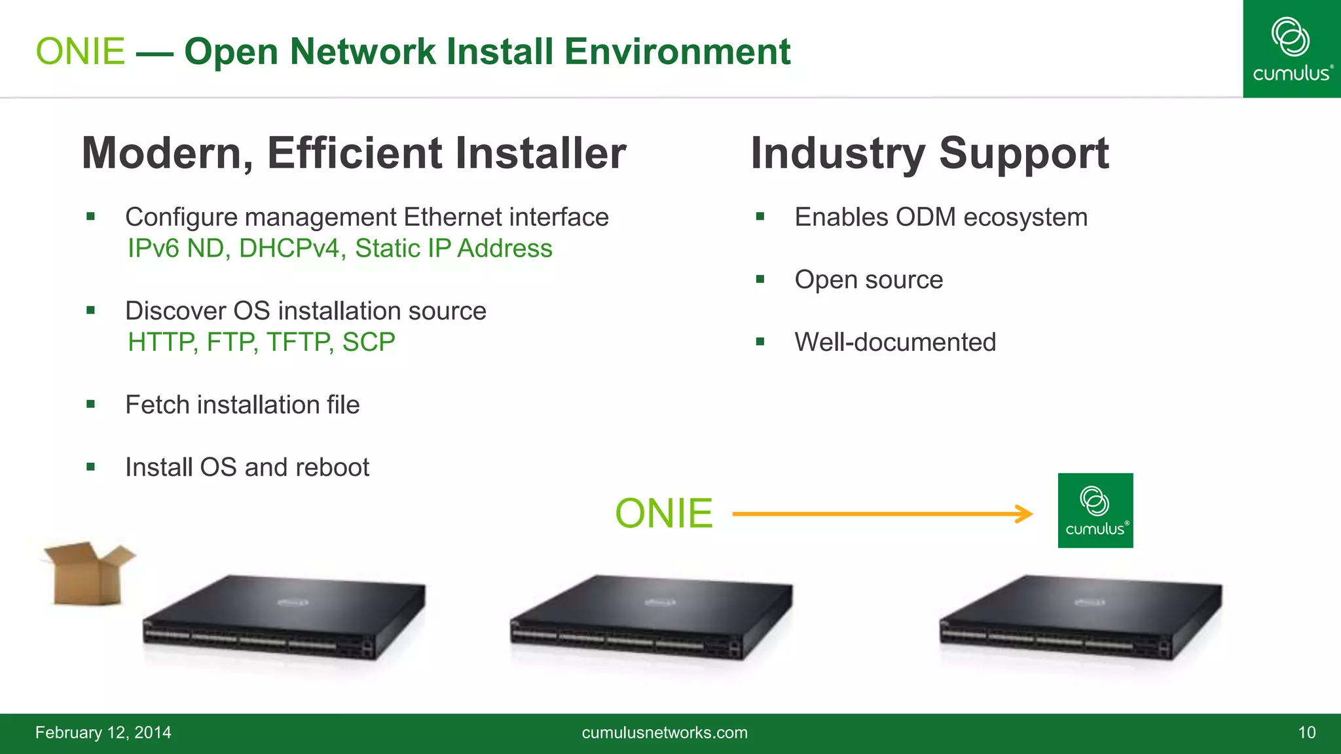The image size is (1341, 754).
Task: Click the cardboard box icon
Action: click(x=88, y=573)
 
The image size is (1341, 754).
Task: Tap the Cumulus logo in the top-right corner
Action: click(x=1291, y=49)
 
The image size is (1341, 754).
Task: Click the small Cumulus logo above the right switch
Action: click(x=1095, y=511)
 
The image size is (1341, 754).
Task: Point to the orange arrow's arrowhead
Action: click(x=1025, y=514)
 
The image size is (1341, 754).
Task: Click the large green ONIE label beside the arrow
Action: click(x=663, y=513)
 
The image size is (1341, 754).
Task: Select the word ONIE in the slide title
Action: click(x=80, y=52)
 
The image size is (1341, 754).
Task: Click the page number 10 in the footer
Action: click(x=1306, y=732)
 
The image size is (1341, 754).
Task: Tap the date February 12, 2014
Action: click(x=103, y=732)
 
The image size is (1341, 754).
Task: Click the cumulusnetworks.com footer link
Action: click(x=664, y=732)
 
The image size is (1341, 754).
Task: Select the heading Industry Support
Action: click(x=929, y=153)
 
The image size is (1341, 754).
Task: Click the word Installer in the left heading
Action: click(x=540, y=153)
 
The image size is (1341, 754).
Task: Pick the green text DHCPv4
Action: click(x=289, y=249)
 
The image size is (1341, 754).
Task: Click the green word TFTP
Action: click(x=298, y=342)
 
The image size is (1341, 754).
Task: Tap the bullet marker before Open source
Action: click(x=760, y=279)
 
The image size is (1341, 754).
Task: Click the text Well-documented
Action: click(x=894, y=342)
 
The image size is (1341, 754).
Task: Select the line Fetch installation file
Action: click(x=242, y=405)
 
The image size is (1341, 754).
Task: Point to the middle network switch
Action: click(x=651, y=619)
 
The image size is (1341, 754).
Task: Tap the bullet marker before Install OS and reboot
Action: click(x=91, y=467)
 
